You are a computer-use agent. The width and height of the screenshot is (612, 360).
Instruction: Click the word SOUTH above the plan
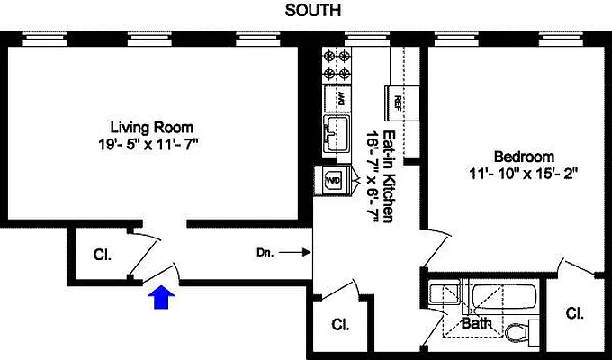(313, 11)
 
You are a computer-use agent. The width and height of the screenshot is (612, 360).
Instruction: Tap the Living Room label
(151, 127)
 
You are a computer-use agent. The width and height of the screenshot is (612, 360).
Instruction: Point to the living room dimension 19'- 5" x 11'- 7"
(151, 143)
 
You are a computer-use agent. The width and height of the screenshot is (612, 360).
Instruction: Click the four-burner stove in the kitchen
(337, 64)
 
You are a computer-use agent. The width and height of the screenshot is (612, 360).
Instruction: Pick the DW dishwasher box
(340, 97)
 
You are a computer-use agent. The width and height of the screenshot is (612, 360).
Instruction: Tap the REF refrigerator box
(397, 101)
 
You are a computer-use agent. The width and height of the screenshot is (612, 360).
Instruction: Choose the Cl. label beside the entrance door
(102, 255)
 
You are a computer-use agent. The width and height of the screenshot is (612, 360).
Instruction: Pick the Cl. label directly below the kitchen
(339, 324)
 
